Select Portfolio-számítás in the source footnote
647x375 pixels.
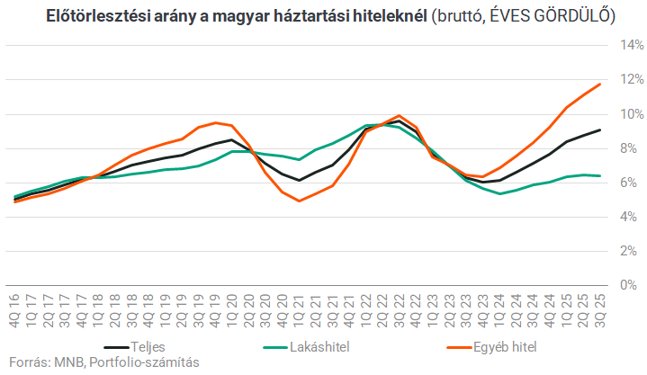[145, 362]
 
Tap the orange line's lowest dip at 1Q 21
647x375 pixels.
[299, 201]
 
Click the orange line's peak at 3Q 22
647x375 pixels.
[399, 116]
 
